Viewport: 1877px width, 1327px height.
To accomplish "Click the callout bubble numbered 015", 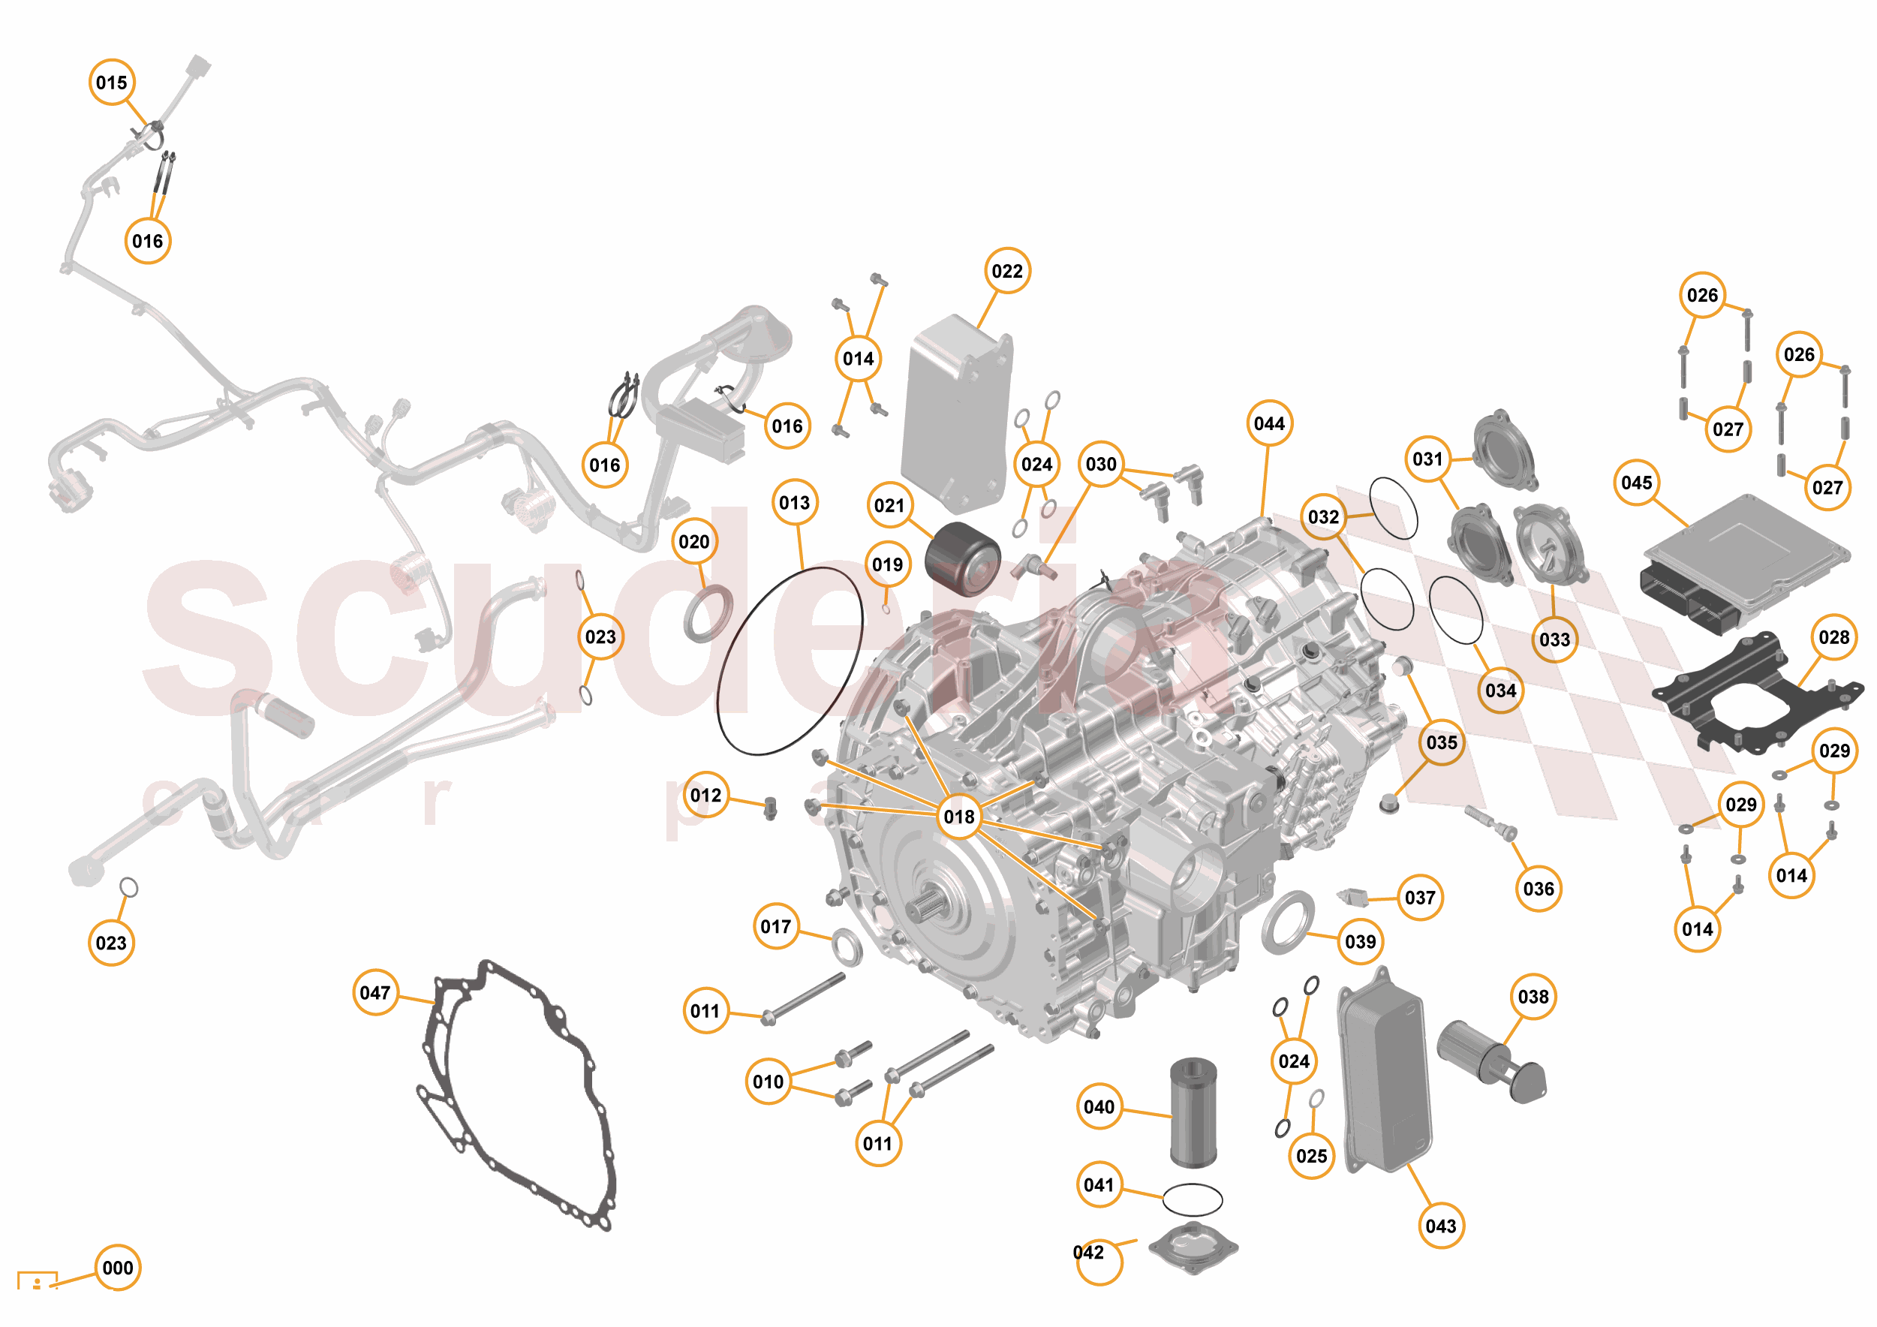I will point(111,83).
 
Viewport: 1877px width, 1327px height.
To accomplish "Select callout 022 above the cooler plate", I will point(1006,271).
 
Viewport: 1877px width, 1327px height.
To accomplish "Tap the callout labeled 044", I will point(1269,423).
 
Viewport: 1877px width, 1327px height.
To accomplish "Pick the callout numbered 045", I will point(1636,483).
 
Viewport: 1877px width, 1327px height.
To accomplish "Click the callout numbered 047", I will point(374,992).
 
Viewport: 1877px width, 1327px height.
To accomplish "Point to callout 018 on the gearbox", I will point(959,816).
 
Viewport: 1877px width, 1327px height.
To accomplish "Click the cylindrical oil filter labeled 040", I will point(1193,1112).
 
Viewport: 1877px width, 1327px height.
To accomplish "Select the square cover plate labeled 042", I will point(1193,1247).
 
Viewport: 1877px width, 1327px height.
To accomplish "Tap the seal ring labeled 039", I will point(1288,923).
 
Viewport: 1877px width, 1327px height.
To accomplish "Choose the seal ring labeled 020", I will point(708,613).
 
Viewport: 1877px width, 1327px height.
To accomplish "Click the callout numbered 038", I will point(1533,997).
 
